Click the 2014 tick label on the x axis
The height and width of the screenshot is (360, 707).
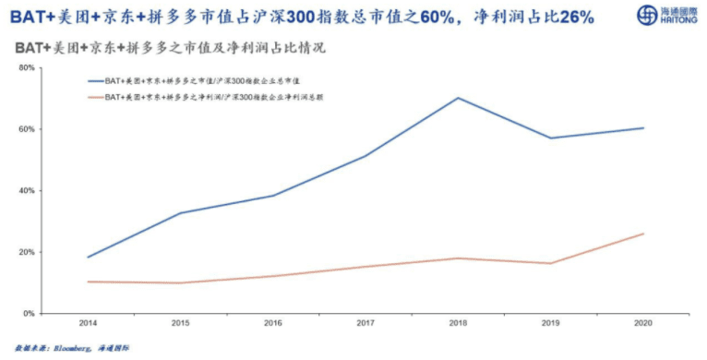click(88, 324)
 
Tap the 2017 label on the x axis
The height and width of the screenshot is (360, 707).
click(366, 324)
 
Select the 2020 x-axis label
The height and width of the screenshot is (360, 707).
click(643, 324)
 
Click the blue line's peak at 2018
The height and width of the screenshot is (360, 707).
click(459, 98)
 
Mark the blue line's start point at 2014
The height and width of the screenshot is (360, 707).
click(88, 257)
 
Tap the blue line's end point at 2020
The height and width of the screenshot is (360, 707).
click(643, 128)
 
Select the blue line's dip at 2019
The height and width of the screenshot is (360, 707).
click(551, 138)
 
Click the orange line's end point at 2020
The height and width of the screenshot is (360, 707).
click(643, 234)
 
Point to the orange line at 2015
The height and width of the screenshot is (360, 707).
click(180, 282)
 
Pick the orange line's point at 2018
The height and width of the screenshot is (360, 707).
click(459, 258)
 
